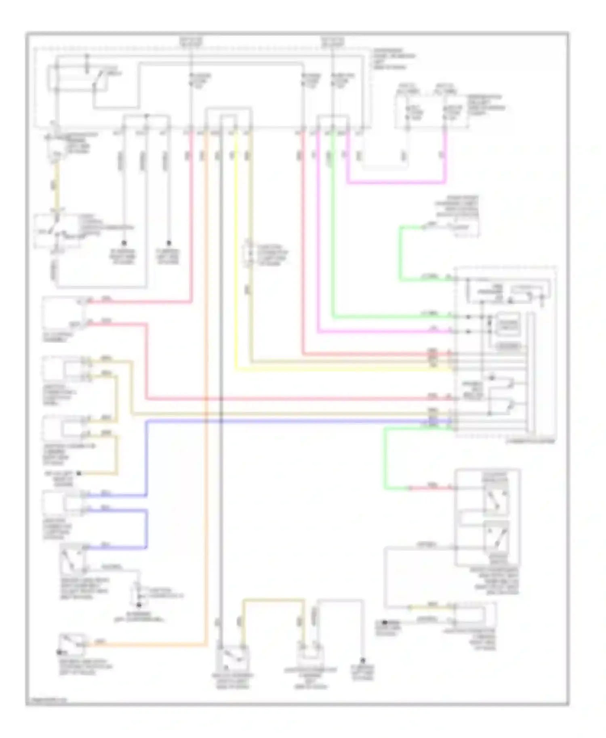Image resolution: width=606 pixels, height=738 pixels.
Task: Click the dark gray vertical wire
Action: (x=221, y=484)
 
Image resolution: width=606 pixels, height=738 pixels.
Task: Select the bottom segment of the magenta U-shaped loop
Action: (x=396, y=182)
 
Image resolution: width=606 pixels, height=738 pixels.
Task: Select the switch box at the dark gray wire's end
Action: (x=233, y=658)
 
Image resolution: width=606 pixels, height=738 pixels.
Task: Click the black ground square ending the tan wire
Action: (x=79, y=473)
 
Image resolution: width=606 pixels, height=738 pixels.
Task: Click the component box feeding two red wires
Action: (x=63, y=312)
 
